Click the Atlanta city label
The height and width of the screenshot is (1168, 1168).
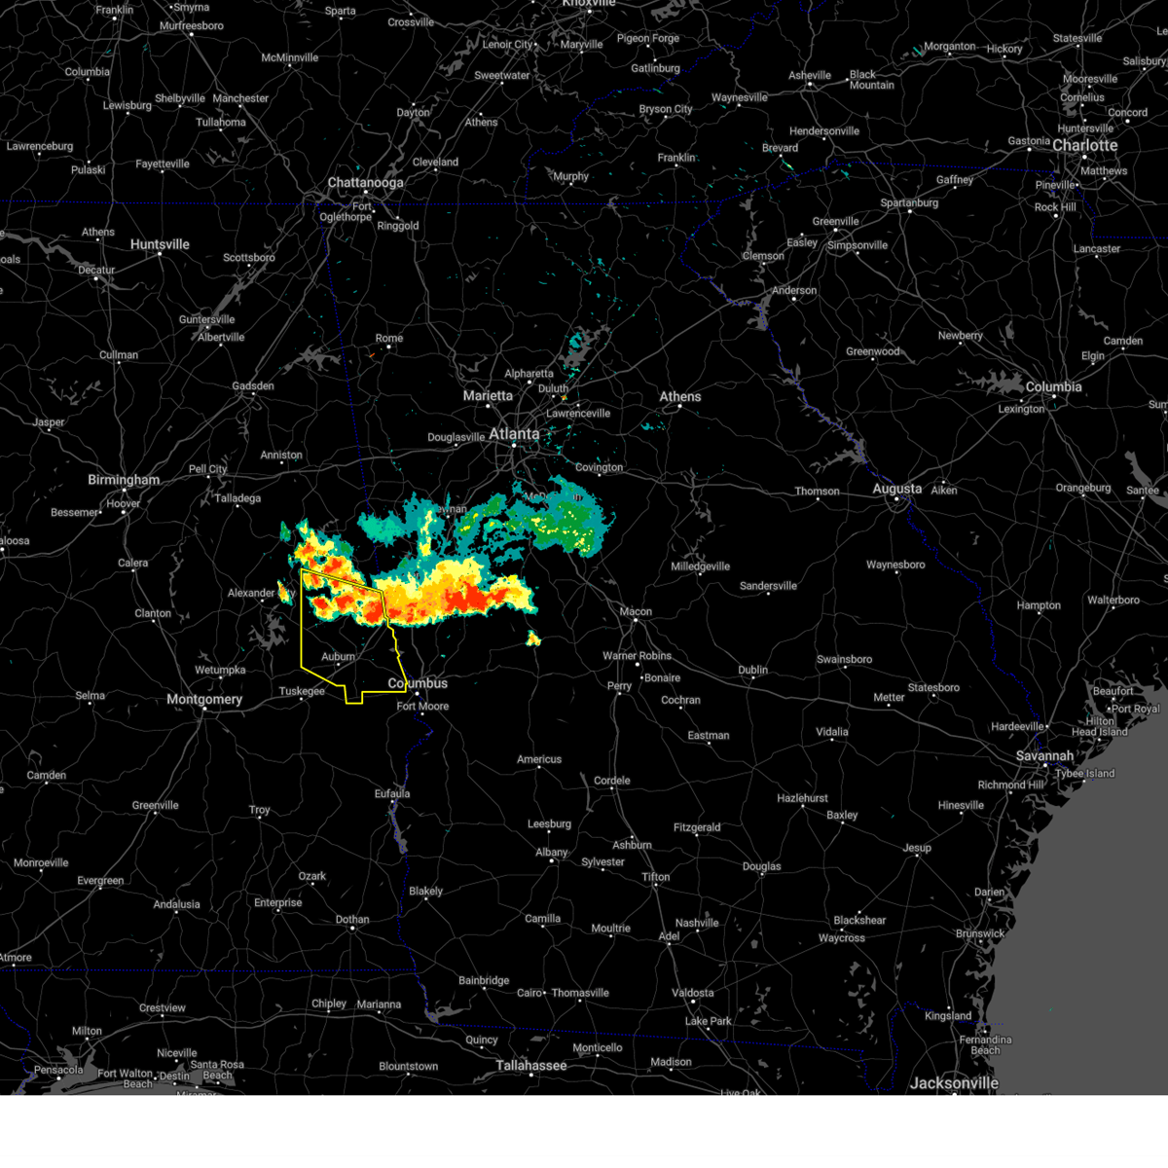pyautogui.click(x=513, y=433)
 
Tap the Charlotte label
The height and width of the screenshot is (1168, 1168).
pyautogui.click(x=1084, y=145)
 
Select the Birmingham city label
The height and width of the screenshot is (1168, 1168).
pyautogui.click(x=124, y=480)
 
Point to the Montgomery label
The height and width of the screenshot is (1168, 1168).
pyautogui.click(x=204, y=699)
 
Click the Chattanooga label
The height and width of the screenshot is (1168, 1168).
pyautogui.click(x=365, y=183)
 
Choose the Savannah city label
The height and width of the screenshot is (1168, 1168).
pyautogui.click(x=1043, y=755)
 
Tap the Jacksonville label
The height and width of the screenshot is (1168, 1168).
pyautogui.click(x=954, y=1082)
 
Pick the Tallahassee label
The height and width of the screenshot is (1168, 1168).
pyautogui.click(x=530, y=1065)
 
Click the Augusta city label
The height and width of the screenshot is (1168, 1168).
pyautogui.click(x=896, y=489)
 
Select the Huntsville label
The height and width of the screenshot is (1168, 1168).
pyautogui.click(x=160, y=244)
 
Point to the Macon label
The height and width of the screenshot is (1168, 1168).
pyautogui.click(x=636, y=611)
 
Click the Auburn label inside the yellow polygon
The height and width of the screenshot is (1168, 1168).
pyautogui.click(x=339, y=657)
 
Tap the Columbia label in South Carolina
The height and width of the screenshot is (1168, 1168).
pyautogui.click(x=1053, y=386)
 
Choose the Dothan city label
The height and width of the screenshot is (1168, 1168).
pyautogui.click(x=352, y=919)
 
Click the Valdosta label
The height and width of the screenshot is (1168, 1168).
pyautogui.click(x=691, y=993)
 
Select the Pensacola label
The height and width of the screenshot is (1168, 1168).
pyautogui.click(x=58, y=1070)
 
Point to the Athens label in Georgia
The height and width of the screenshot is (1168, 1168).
pyautogui.click(x=679, y=396)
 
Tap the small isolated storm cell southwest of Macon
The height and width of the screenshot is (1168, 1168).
pyautogui.click(x=533, y=639)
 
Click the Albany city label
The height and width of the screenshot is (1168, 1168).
pyautogui.click(x=551, y=852)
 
